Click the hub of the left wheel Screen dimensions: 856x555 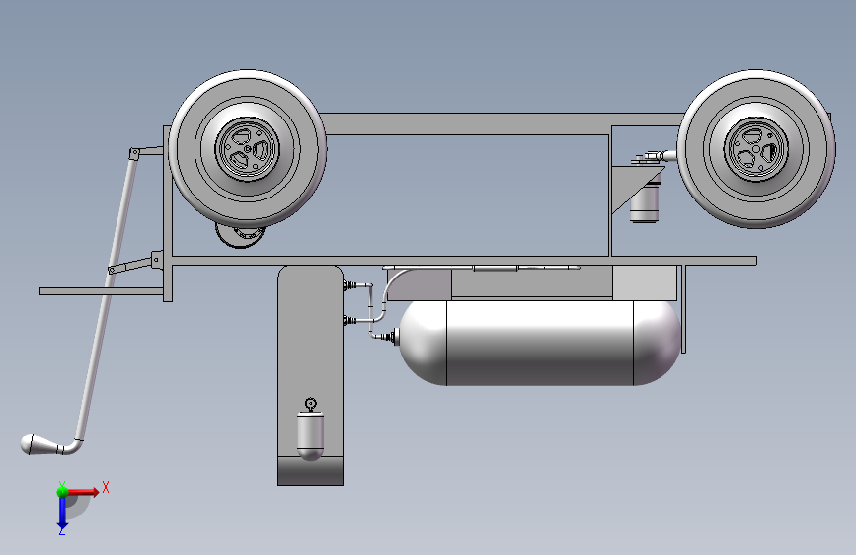[247, 148]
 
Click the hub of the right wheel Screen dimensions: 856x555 [756, 148]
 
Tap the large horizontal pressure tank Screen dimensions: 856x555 [540, 343]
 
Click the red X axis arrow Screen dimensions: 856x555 [82, 492]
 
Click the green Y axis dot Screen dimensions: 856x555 [62, 492]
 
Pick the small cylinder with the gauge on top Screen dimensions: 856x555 [310, 435]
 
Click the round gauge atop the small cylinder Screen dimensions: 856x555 [311, 404]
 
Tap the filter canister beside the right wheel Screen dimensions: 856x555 [645, 202]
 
